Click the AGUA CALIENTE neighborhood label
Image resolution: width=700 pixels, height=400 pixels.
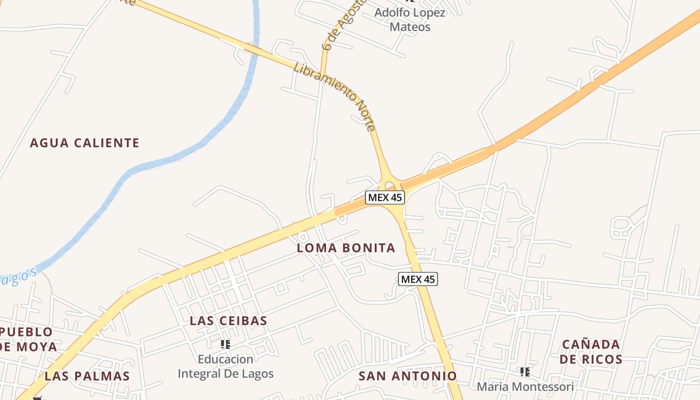click(84, 143)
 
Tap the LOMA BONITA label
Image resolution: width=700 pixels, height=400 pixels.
click(346, 248)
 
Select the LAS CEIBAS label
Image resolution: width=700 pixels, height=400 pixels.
click(228, 321)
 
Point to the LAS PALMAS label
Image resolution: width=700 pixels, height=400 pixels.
click(87, 376)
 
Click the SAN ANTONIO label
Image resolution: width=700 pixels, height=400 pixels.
click(407, 376)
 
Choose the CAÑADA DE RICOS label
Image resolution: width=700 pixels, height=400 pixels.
click(591, 351)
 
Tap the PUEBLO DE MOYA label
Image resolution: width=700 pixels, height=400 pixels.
click(27, 339)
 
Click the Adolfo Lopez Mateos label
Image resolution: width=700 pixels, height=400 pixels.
click(410, 19)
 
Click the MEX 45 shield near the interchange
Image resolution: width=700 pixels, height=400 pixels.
click(384, 197)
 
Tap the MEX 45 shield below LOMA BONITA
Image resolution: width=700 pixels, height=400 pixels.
click(418, 279)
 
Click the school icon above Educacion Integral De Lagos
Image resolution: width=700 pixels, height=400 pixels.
click(225, 344)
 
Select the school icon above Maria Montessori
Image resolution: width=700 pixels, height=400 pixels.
click(525, 371)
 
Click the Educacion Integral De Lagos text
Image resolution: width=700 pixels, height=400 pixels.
click(225, 366)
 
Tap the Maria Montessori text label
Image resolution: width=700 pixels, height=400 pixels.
click(525, 386)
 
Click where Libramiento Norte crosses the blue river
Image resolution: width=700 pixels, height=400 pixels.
click(253, 49)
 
